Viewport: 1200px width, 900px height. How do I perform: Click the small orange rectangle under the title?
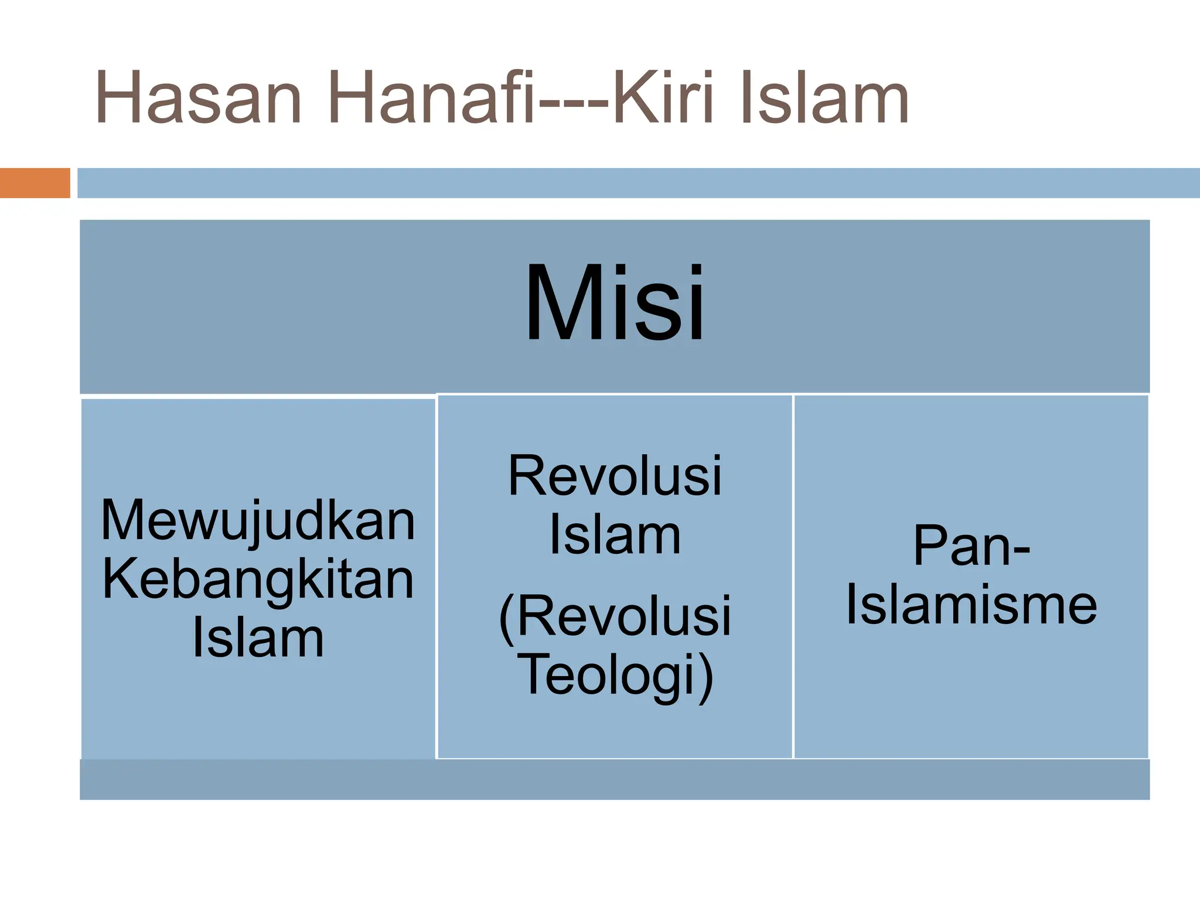pos(35,183)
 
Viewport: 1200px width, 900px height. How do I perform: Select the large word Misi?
pos(615,303)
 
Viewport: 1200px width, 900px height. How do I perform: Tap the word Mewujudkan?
pos(258,520)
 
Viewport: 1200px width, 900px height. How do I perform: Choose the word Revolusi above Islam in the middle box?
pos(615,476)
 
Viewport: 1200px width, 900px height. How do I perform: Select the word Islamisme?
pos(971,605)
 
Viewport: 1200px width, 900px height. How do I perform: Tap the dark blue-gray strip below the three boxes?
pos(615,779)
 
